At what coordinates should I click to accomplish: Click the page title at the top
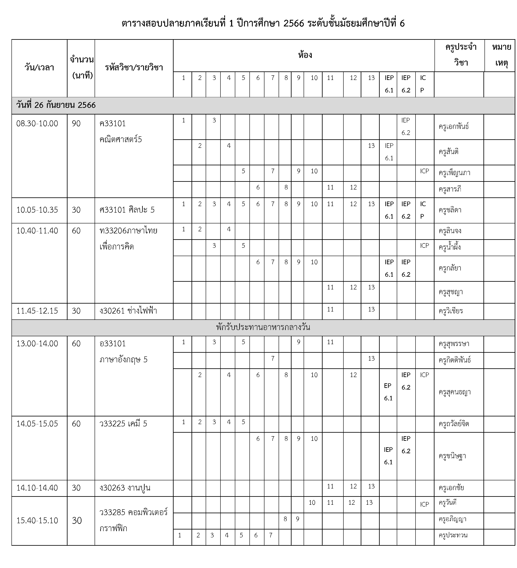click(263, 23)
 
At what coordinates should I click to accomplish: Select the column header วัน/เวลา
click(39, 68)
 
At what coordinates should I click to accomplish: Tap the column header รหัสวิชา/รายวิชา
click(134, 68)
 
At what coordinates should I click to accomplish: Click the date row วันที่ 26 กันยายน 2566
click(56, 105)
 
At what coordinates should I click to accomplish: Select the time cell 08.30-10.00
click(37, 123)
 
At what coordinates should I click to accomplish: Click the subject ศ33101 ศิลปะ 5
click(127, 210)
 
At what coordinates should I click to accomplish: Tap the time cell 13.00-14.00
click(37, 344)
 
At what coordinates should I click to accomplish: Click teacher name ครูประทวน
click(453, 535)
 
